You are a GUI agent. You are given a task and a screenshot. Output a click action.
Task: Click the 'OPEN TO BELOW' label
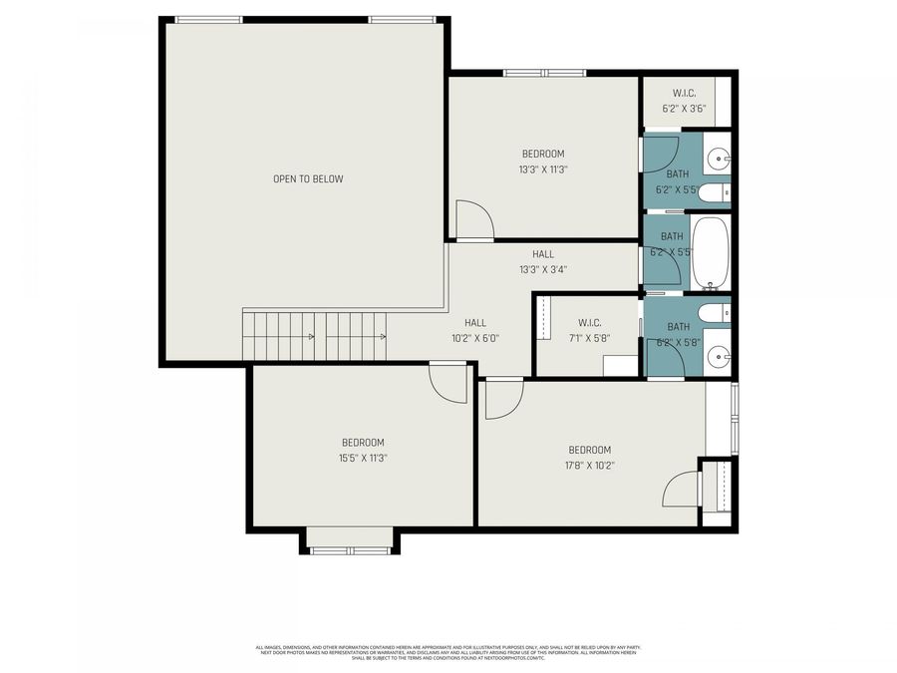[x=308, y=179]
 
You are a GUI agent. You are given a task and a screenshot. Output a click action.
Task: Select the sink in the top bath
[x=720, y=159]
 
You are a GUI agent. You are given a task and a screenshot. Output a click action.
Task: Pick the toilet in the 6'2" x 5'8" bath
[x=715, y=314]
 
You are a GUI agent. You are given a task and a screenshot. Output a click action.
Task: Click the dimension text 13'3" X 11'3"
[x=543, y=169]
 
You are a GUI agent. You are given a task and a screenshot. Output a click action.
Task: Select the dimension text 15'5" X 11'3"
[x=363, y=459]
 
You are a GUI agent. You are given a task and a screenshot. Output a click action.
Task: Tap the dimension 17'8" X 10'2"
[x=589, y=465]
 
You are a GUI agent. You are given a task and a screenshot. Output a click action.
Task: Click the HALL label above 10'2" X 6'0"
[x=475, y=322]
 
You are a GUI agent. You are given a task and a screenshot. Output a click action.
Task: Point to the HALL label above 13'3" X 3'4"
[x=543, y=254]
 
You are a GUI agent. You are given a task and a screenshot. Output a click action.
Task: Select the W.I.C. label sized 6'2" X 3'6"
[x=683, y=94]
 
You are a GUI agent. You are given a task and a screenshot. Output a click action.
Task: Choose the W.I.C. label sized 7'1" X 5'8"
[x=589, y=322]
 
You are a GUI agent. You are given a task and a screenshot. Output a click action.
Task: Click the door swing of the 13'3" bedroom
[x=472, y=220]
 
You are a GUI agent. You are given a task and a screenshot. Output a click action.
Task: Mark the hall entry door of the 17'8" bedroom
[x=502, y=399]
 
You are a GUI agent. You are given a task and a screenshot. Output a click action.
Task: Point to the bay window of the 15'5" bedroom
[x=349, y=541]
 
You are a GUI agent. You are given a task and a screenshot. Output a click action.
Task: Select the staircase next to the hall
[x=314, y=336]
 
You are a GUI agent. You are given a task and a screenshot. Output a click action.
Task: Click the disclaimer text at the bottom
[x=448, y=652]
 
